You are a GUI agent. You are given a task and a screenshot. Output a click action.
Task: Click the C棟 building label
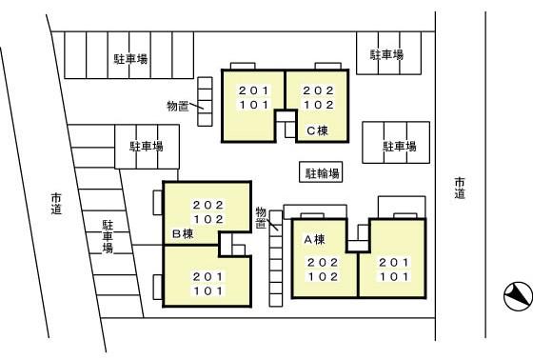[x=317, y=130]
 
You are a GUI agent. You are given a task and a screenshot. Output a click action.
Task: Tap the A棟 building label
[x=314, y=239]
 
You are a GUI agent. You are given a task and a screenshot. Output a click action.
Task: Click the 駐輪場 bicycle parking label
[x=322, y=174]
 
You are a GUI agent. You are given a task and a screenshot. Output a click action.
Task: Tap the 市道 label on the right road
[x=460, y=188]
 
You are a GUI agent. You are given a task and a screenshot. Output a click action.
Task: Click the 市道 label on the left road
[x=56, y=203]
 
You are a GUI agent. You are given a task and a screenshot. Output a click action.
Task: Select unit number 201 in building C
[x=253, y=90]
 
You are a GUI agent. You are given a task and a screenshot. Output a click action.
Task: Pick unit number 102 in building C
[x=317, y=105]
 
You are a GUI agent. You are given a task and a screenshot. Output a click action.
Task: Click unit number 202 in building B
[x=207, y=205]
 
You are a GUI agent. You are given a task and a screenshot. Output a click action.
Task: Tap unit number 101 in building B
[x=207, y=290]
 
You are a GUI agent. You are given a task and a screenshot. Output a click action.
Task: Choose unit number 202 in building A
[x=322, y=262]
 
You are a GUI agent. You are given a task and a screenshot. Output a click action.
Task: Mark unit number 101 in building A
[x=394, y=276]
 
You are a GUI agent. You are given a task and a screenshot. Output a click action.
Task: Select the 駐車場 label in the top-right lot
[x=385, y=56]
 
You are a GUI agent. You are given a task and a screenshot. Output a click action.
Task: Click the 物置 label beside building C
[x=177, y=106]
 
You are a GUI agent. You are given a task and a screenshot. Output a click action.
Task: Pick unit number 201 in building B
[x=207, y=276]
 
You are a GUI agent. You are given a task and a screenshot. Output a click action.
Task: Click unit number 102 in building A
[x=322, y=276]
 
